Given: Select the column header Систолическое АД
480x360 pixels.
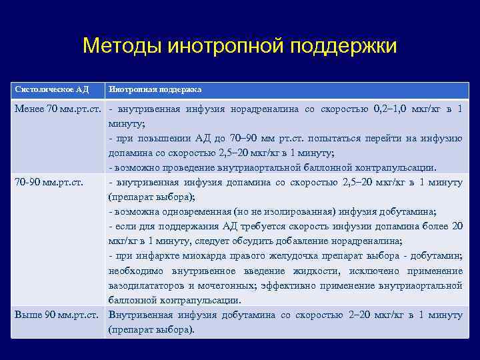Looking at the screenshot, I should coord(51,89).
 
